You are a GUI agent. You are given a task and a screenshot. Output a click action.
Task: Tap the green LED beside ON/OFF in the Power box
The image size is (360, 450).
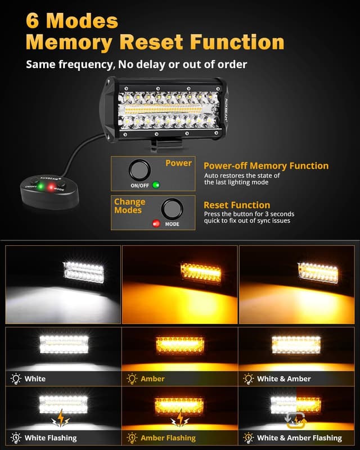pyautogui.click(x=156, y=184)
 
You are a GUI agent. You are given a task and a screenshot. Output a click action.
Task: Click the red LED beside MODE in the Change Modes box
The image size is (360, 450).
pyautogui.click(x=156, y=223)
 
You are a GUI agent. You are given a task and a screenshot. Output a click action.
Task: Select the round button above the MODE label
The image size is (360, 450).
pyautogui.click(x=172, y=209)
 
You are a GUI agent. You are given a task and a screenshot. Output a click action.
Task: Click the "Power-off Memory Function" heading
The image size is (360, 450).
pyautogui.click(x=266, y=166)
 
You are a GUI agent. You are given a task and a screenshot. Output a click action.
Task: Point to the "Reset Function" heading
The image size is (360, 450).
pyautogui.click(x=237, y=205)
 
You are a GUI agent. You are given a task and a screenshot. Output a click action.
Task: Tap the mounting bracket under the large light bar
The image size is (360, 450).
pyautogui.click(x=164, y=145)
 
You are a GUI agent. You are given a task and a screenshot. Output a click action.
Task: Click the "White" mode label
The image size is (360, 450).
pyautogui.click(x=35, y=379)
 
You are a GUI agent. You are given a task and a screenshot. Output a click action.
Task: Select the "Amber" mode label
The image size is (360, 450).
pyautogui.click(x=152, y=379)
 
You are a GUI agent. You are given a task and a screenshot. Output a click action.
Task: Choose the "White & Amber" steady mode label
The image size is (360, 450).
pyautogui.click(x=283, y=379)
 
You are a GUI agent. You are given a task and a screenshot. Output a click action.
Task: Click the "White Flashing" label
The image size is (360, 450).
pyautogui.click(x=51, y=437)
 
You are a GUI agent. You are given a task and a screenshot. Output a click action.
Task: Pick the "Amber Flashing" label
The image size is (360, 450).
pyautogui.click(x=168, y=437)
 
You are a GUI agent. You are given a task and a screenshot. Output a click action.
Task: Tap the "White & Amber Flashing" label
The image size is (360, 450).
pyautogui.click(x=299, y=437)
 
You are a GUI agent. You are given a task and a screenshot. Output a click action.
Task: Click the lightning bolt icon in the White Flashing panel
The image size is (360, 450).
pyautogui.click(x=60, y=419)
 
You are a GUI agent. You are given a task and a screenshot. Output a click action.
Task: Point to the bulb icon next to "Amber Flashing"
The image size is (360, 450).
pyautogui.click(x=132, y=437)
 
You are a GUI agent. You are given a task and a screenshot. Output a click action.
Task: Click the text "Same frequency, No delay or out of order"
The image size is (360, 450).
pyautogui.click(x=137, y=64)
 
